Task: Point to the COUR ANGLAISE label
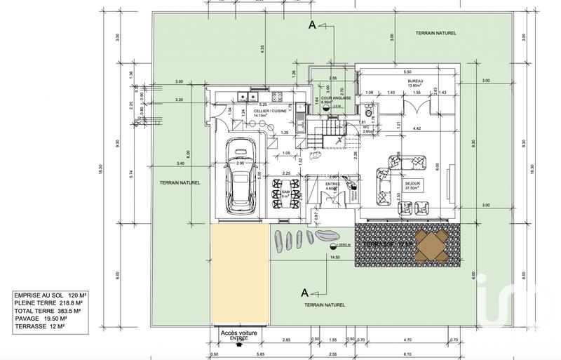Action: tap(325, 98)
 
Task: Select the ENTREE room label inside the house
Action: tap(332, 186)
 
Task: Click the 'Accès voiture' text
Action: tap(239, 333)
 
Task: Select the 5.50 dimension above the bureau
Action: tap(407, 72)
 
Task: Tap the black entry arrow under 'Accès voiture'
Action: tap(239, 345)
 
